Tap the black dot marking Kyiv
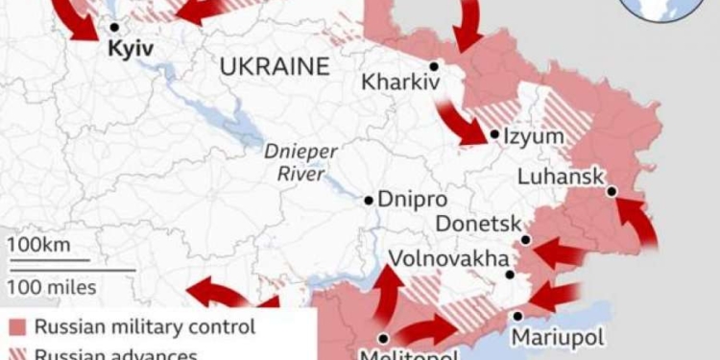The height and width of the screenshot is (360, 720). (114, 28)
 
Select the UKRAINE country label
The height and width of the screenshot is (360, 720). (274, 66)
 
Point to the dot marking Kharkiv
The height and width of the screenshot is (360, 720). (434, 66)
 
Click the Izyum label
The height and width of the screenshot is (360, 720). (533, 136)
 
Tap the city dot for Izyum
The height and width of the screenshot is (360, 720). (493, 134)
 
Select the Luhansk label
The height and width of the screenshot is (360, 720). (561, 177)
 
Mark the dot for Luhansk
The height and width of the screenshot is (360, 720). (612, 191)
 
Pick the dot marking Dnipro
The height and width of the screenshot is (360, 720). (369, 201)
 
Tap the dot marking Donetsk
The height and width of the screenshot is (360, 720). (526, 239)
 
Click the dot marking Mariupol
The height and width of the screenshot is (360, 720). (517, 315)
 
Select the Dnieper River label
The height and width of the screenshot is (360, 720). (296, 164)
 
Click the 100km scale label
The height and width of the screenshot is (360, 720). (39, 245)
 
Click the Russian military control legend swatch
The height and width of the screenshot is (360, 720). (17, 326)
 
